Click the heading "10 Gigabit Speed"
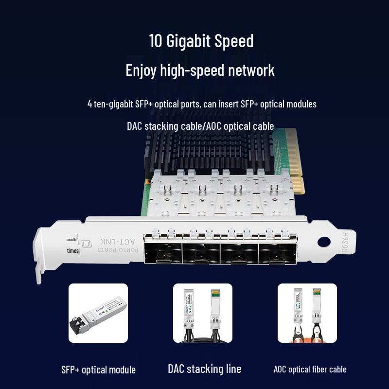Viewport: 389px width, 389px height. point(201,41)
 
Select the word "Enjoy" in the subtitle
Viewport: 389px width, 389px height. point(141,71)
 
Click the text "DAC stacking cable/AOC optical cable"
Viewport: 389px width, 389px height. point(200,126)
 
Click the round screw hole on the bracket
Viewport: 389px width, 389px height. point(323,242)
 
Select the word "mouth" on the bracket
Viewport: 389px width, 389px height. point(71,240)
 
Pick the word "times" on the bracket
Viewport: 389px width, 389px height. point(73,251)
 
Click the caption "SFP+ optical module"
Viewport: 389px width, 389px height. point(98,370)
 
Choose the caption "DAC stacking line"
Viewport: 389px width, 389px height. point(204,369)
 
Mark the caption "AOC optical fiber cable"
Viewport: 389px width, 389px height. point(310,370)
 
